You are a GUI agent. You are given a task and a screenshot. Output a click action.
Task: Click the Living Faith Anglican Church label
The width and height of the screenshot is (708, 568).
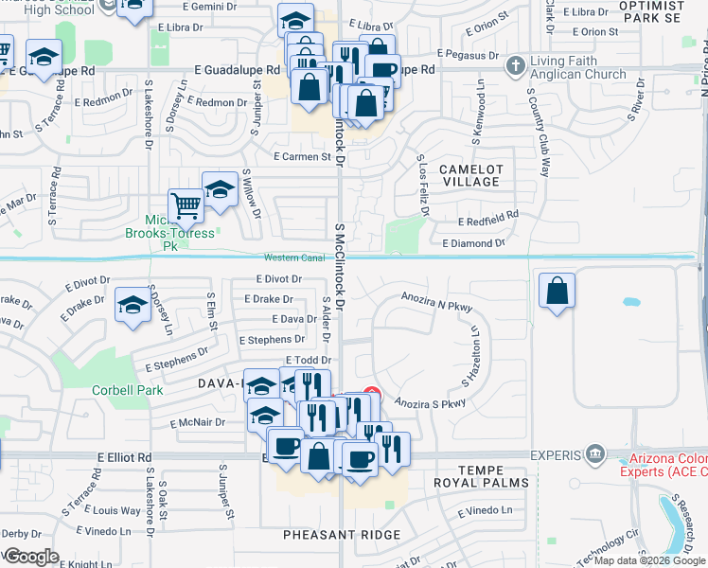click(x=577, y=68)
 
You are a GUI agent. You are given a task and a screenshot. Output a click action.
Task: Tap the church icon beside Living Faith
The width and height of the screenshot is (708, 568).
click(x=515, y=66)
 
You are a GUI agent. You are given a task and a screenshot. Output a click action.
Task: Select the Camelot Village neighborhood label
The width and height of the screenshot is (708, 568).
click(x=470, y=175)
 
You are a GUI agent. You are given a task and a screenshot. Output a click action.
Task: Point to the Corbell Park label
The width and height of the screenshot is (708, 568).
click(x=127, y=390)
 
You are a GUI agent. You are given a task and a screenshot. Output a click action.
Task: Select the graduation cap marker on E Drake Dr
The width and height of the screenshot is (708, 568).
click(x=133, y=305)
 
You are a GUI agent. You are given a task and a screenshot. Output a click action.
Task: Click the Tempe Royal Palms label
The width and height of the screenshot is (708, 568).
click(x=489, y=478)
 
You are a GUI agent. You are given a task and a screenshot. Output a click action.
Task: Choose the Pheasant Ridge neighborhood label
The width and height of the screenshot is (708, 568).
click(x=342, y=535)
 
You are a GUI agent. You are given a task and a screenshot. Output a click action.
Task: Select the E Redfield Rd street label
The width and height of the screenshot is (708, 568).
click(x=487, y=215)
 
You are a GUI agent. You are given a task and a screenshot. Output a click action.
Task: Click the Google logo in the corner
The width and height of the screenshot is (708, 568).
click(x=32, y=557)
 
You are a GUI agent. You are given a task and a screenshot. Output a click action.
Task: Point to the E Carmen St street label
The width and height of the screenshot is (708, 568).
click(x=302, y=156)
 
